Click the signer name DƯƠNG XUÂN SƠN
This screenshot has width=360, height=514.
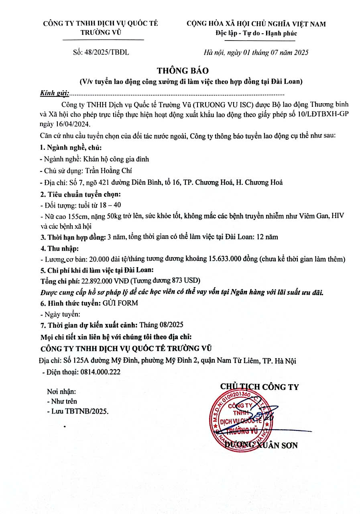click(x=261, y=445)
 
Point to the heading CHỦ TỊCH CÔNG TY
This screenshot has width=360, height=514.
click(x=259, y=387)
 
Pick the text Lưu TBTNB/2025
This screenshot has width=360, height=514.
click(x=79, y=411)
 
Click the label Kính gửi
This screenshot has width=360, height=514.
click(x=54, y=93)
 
